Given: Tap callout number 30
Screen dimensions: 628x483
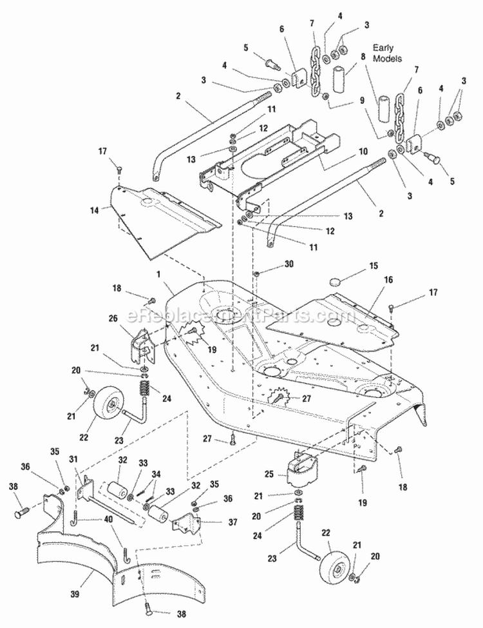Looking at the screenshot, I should pos(270,264).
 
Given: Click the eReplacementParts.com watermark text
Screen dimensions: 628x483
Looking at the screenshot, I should pos(241,317).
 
